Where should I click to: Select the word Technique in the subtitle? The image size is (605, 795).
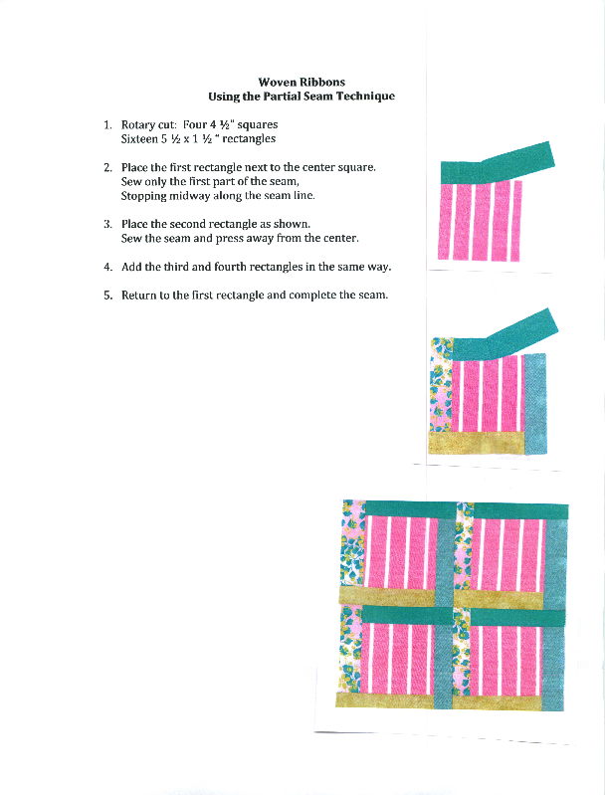(x=364, y=97)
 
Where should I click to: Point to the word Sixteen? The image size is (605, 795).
(x=140, y=139)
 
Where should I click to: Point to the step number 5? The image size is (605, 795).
(x=107, y=297)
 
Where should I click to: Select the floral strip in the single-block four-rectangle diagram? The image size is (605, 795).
(x=440, y=388)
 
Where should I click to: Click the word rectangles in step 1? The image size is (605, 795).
(x=249, y=139)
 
